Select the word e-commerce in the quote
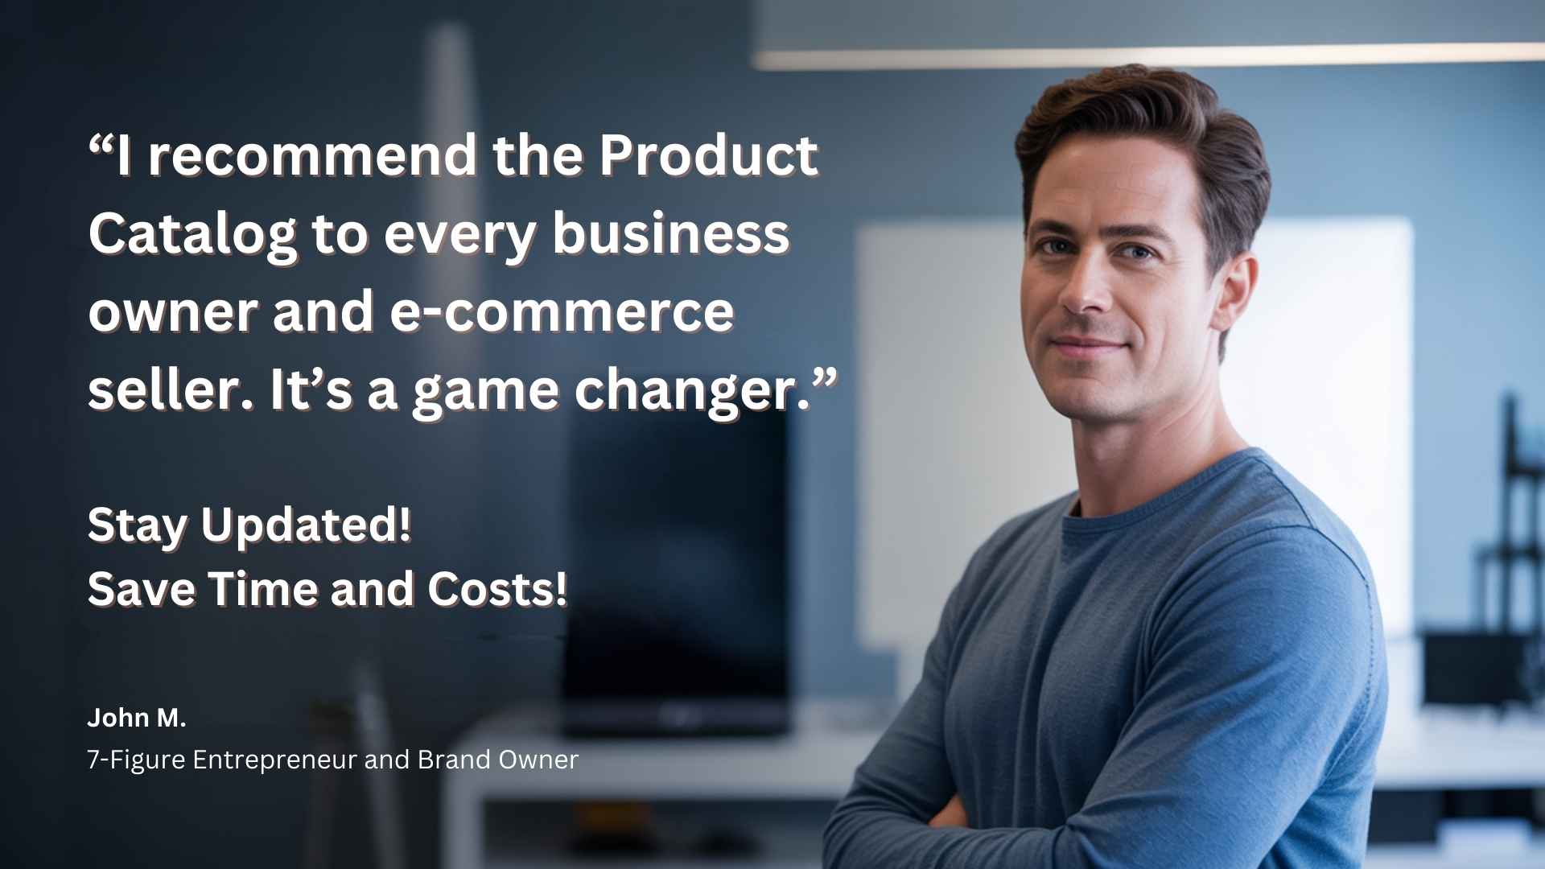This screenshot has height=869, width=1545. coord(562,312)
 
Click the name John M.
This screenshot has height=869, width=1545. coord(137,718)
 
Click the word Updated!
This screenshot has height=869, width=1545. coord(306,525)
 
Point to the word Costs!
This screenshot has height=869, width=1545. coord(497,589)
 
